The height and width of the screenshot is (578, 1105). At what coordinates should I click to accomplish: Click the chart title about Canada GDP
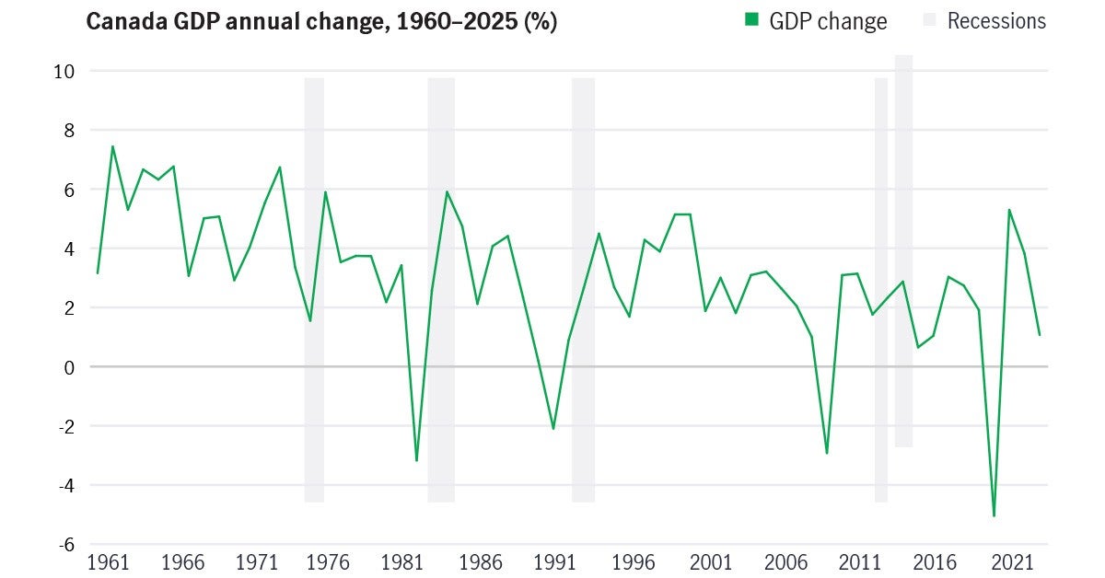pos(321,21)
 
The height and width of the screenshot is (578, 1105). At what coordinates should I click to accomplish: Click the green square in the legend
pos(752,20)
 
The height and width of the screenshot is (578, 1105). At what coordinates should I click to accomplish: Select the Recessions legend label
pos(996,21)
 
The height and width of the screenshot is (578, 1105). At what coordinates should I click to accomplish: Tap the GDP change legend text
pos(828,21)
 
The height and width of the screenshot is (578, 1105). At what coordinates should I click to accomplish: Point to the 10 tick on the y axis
pos(64,71)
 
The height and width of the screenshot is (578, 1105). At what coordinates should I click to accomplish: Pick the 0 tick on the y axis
pos(68,367)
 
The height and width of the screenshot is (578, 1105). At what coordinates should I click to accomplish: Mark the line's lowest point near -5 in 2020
pos(994,515)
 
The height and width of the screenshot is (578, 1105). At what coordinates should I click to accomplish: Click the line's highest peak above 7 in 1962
pos(112,146)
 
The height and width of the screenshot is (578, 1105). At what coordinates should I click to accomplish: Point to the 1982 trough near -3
pos(416,460)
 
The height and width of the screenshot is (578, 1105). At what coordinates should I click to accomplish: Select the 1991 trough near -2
pos(552,429)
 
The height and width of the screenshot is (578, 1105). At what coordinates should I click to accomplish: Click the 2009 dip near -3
pos(827,453)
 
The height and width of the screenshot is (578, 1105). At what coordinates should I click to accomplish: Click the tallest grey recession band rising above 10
pos(903,249)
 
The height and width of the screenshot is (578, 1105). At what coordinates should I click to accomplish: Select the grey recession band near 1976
pos(314,290)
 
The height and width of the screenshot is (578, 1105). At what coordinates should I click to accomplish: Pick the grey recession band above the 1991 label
pos(583,290)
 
